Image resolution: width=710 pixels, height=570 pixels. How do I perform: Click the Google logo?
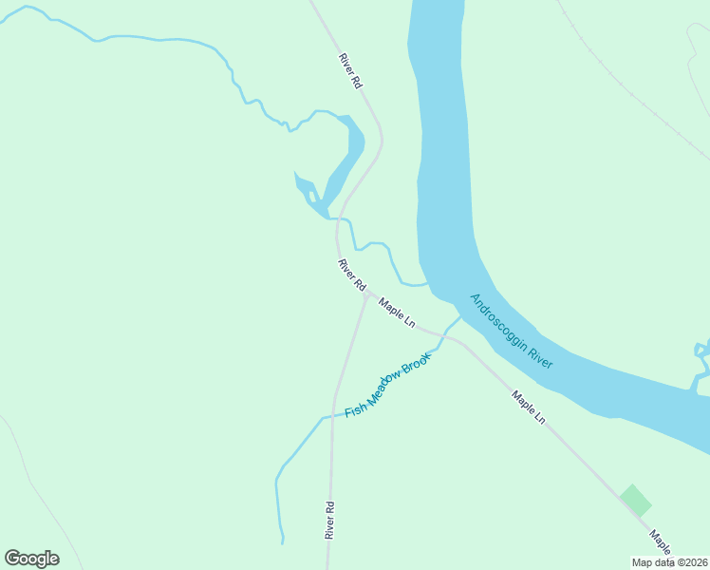point(31,558)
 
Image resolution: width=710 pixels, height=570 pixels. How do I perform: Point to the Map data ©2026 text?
point(670,562)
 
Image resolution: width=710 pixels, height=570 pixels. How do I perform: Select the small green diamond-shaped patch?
point(635,501)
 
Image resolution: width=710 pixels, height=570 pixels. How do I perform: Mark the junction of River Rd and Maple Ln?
point(365,296)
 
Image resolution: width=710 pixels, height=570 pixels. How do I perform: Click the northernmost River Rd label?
point(350,71)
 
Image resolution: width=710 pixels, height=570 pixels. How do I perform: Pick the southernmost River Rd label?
point(329,520)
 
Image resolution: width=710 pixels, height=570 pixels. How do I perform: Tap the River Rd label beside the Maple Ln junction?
point(351,274)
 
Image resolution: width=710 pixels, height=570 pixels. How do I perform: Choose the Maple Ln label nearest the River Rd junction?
point(397,313)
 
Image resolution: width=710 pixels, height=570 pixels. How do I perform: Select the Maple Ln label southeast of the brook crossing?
point(529,407)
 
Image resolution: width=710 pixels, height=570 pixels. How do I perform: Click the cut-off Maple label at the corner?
point(662,542)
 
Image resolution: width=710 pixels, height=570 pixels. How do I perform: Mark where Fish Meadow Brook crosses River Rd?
point(333,415)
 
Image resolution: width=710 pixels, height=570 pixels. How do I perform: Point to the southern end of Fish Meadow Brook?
point(282,541)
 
